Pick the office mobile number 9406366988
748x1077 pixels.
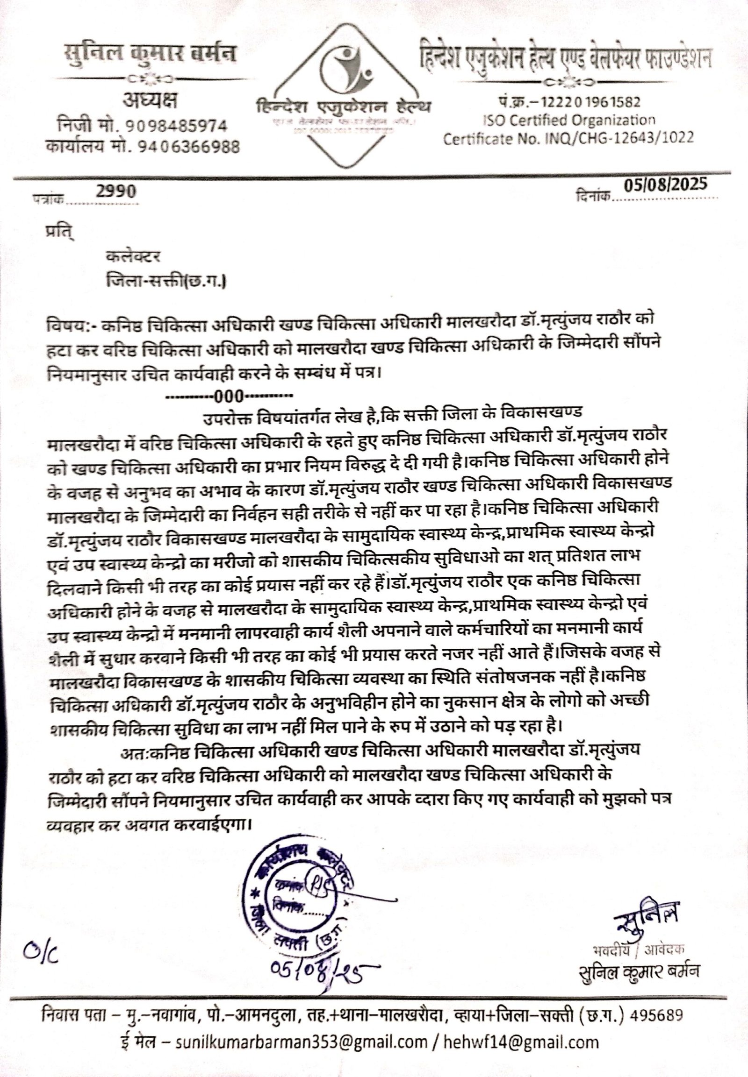187,148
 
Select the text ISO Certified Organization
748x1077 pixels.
569,120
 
